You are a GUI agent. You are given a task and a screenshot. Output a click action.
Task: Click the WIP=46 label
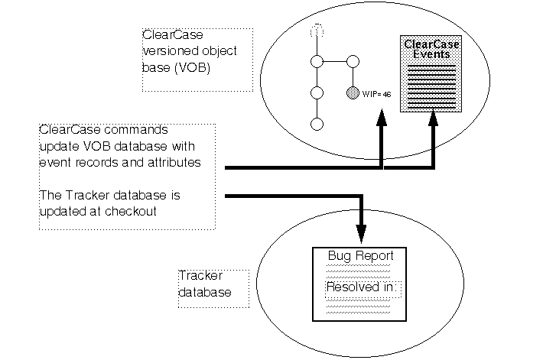pyautogui.click(x=376, y=94)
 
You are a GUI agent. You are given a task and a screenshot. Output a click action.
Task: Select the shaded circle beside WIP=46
pyautogui.click(x=353, y=93)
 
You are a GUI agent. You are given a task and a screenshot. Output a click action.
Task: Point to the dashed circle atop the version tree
pyautogui.click(x=315, y=31)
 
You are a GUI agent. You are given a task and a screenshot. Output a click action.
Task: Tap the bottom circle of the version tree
pyautogui.click(x=315, y=123)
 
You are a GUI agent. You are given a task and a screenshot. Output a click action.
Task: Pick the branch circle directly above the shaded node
pyautogui.click(x=353, y=62)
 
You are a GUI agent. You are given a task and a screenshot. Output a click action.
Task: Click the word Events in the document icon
pyautogui.click(x=431, y=54)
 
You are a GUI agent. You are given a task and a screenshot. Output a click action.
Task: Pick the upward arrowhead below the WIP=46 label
pyautogui.click(x=381, y=119)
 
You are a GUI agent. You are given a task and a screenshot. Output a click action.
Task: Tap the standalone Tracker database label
pyautogui.click(x=205, y=284)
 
